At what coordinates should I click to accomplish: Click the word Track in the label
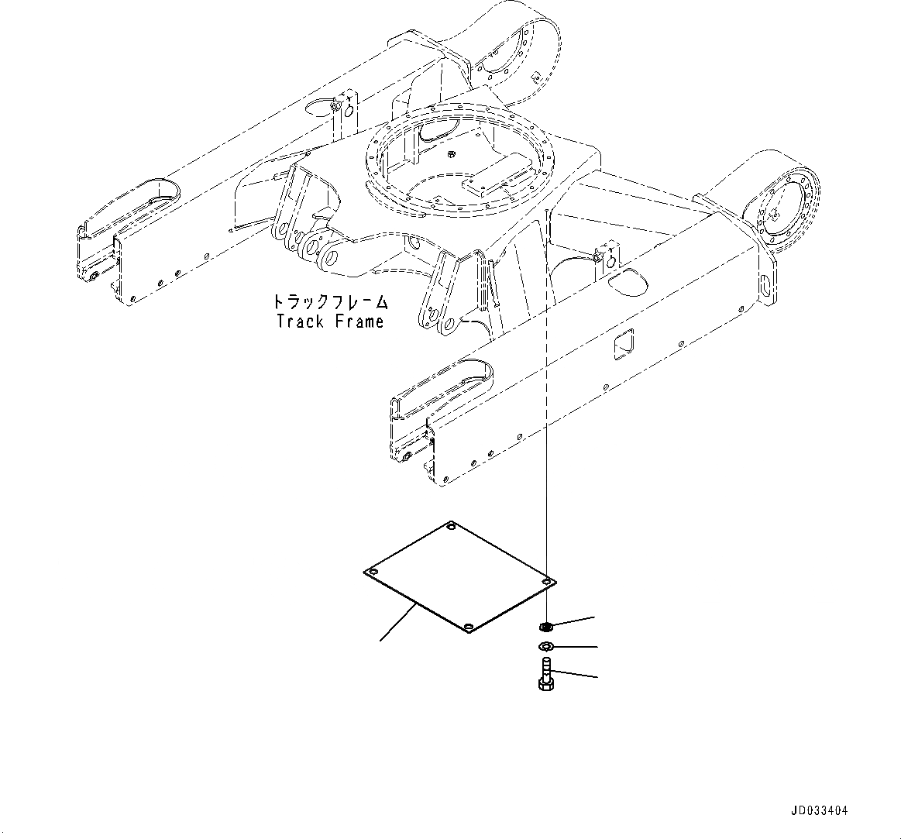(x=300, y=322)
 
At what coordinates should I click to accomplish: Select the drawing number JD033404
(x=819, y=811)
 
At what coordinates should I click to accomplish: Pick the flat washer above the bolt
(x=545, y=647)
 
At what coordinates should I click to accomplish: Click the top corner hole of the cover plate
(x=452, y=528)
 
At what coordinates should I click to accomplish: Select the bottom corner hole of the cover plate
(x=467, y=627)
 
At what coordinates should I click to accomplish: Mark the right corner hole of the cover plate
(x=547, y=580)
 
